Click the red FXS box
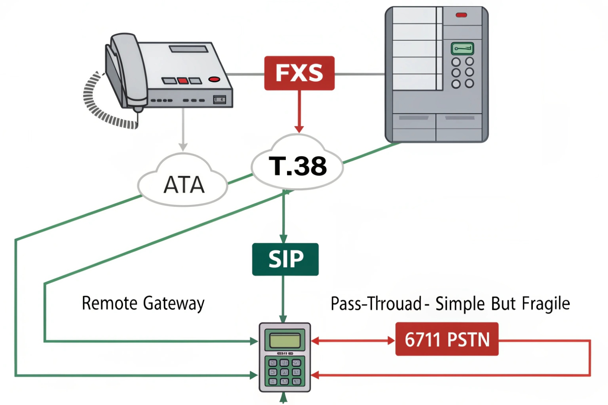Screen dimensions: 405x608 click(x=299, y=73)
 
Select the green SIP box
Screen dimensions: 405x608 click(x=285, y=259)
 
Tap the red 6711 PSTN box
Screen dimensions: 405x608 click(x=447, y=339)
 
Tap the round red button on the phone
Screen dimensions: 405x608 click(x=214, y=79)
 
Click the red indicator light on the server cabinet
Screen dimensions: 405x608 click(x=461, y=15)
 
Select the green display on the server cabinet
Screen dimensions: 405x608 click(x=462, y=49)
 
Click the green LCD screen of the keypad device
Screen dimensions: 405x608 click(x=285, y=341)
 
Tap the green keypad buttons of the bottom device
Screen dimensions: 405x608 click(x=284, y=372)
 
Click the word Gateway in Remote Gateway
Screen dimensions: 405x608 click(x=173, y=304)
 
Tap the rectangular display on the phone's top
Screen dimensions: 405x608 click(x=189, y=49)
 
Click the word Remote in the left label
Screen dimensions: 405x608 click(x=110, y=303)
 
